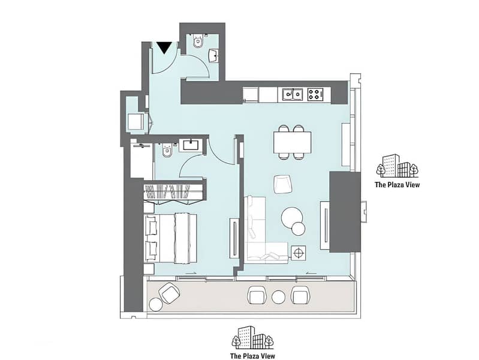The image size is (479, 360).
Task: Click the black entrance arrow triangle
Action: point(164,47)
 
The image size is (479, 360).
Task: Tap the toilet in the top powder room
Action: point(198,41)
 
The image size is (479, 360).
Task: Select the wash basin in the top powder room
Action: point(213,56)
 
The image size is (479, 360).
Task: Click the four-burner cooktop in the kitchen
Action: point(315,95)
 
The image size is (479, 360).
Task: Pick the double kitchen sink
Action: point(293,95)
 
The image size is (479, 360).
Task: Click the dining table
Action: point(293,143)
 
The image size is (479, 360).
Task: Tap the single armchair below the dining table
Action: point(283,184)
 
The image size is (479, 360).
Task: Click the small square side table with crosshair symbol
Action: point(298,253)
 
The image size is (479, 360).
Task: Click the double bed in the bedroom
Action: point(170,239)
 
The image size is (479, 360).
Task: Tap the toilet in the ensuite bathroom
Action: point(167,150)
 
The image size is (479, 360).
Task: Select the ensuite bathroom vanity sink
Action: point(191,145)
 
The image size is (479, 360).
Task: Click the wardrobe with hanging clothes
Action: point(173,192)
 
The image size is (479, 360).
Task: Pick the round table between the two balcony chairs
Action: point(278,297)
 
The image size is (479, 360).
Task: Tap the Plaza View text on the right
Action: point(397,185)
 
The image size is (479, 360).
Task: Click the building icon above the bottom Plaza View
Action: point(252,337)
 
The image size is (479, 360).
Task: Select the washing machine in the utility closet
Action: point(136,122)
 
